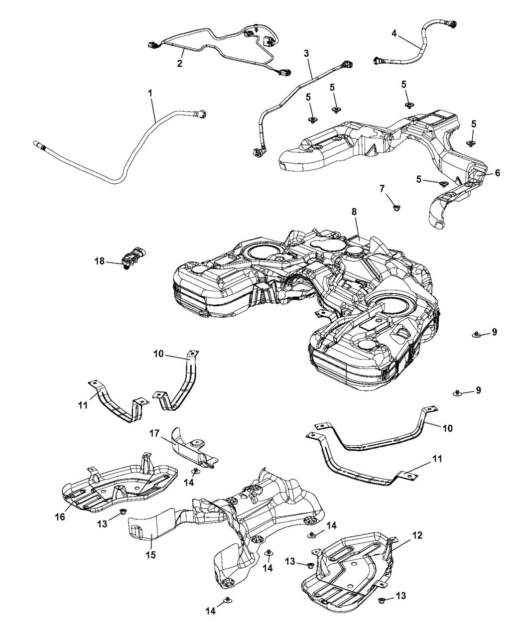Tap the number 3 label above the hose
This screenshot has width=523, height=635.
(306, 53)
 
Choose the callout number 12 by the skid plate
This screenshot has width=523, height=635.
(417, 535)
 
